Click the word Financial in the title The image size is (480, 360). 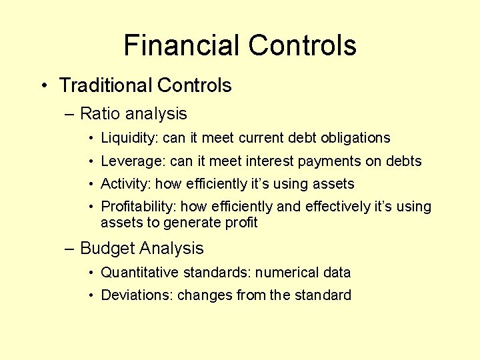(x=182, y=46)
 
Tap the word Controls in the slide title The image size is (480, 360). (x=302, y=46)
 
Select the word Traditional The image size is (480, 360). (x=105, y=85)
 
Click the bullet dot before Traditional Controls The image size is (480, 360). (x=43, y=86)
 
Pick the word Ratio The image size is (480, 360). (x=100, y=114)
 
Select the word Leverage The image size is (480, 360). (x=133, y=161)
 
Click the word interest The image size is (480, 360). (x=266, y=161)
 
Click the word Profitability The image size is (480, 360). (x=138, y=207)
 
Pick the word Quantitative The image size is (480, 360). (x=139, y=273)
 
